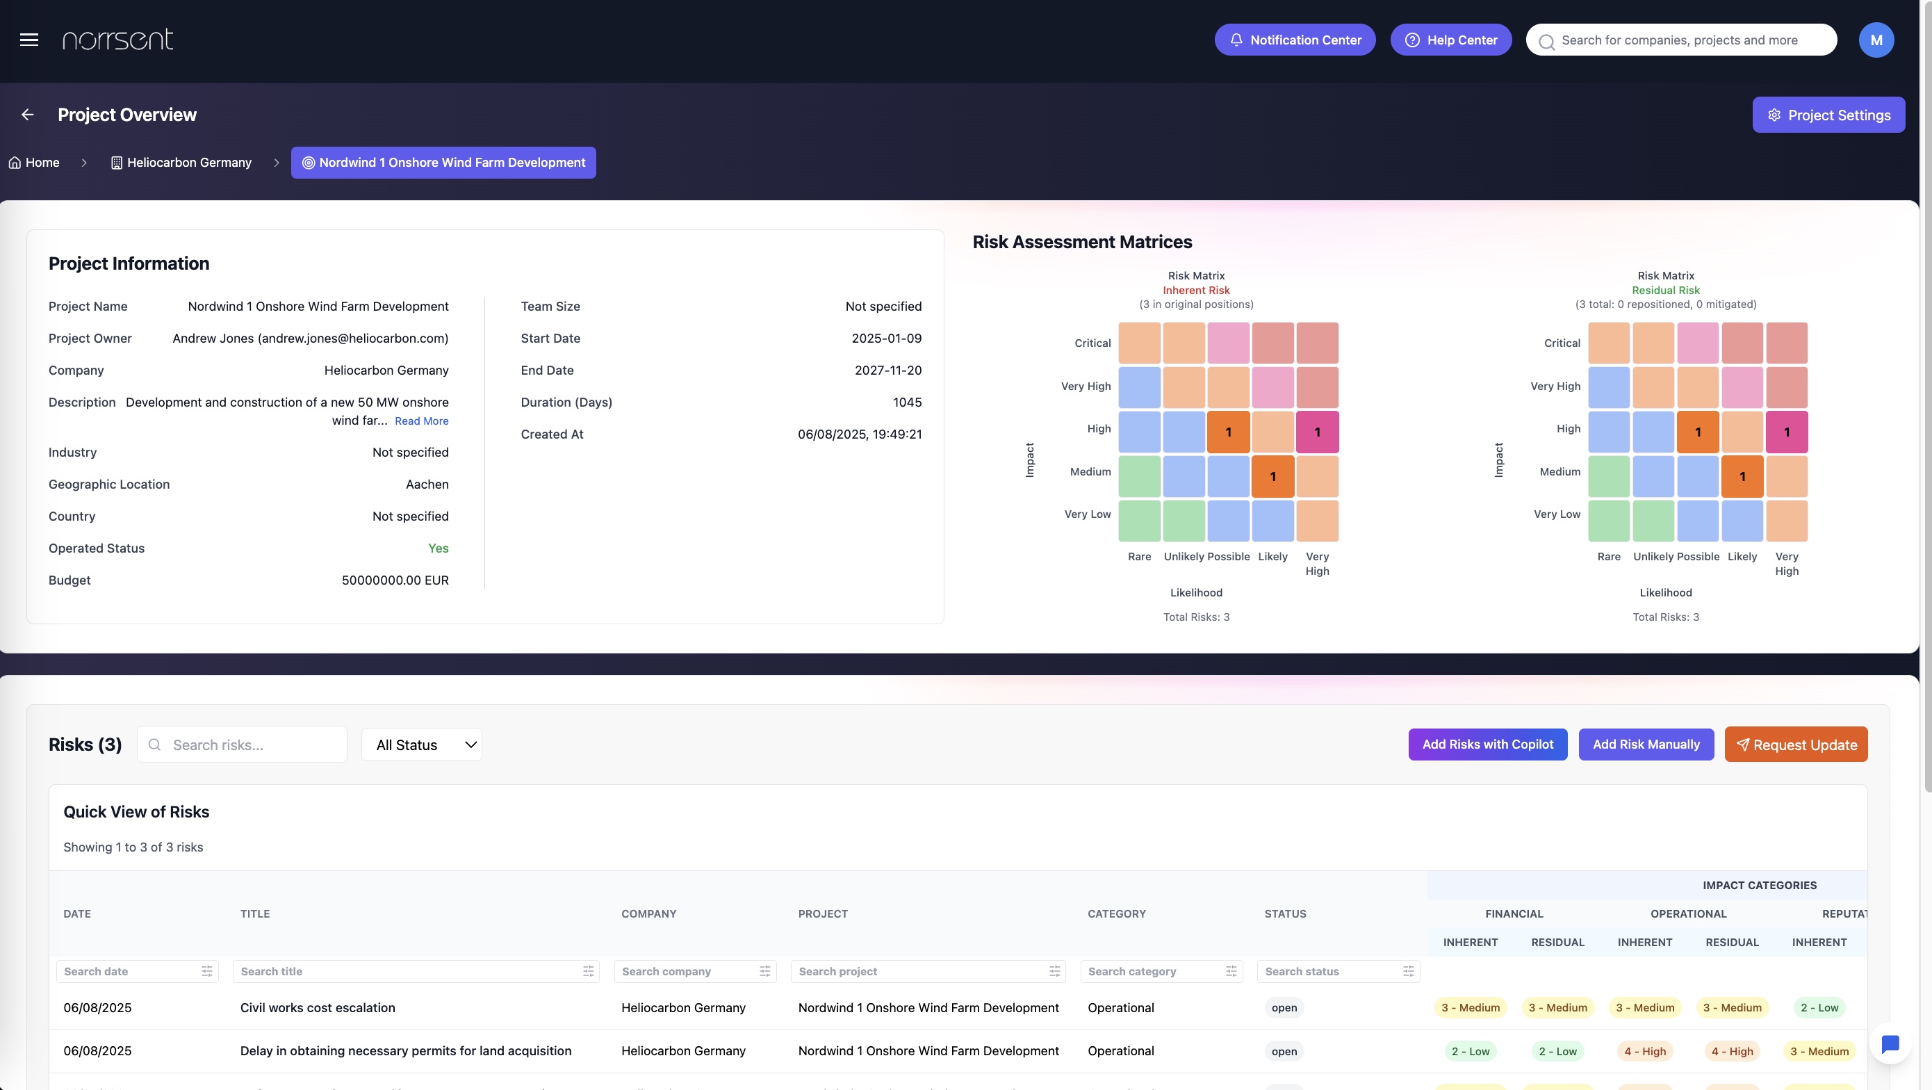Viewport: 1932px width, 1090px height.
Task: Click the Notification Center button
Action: (1295, 40)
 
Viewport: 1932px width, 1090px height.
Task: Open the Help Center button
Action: (1450, 40)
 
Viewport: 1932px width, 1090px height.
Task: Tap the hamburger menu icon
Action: (29, 40)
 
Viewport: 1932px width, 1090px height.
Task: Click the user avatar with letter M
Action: (1876, 40)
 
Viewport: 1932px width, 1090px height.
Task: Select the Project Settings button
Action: (1828, 115)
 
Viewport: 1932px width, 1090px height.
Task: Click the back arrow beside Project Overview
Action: (28, 115)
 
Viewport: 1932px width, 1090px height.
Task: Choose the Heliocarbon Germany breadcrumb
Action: (181, 163)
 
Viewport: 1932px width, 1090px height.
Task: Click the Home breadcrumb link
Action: (34, 163)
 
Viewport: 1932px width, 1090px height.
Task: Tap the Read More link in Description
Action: (422, 421)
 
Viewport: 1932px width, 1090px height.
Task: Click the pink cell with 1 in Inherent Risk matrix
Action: (1317, 432)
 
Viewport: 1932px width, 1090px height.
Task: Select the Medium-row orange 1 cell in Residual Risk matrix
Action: (1742, 476)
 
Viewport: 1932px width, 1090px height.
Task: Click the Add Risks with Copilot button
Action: (1488, 745)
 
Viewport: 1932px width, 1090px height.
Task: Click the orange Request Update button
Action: (1796, 745)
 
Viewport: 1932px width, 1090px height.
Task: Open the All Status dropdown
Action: (422, 745)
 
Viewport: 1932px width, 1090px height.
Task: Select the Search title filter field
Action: (416, 971)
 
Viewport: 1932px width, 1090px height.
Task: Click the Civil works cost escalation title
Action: (317, 1007)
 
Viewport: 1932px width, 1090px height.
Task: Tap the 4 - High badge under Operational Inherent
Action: (1645, 1051)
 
